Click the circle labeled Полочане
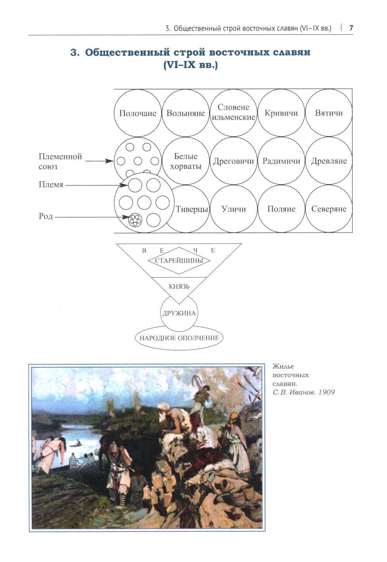pos(138,113)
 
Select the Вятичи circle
pos(329,113)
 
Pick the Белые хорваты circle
pos(186,161)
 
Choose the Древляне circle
pos(329,161)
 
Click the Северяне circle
pos(329,209)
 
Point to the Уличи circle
pos(234,209)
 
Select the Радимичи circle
pos(281,161)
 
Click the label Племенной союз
pos(60,162)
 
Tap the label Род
pos(46,216)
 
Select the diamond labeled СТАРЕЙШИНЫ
pos(179,260)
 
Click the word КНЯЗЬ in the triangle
pos(179,287)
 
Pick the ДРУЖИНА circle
pos(179,313)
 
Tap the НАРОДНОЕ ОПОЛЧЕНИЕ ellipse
pos(179,338)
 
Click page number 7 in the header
pos(351,28)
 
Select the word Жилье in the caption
pos(283,366)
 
